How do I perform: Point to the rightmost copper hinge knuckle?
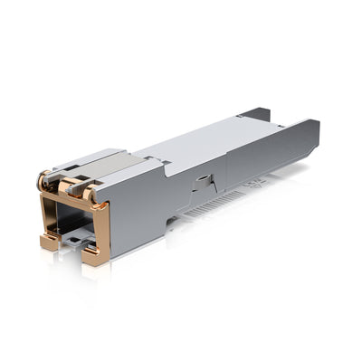click(87, 192)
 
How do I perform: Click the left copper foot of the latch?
click(47, 242)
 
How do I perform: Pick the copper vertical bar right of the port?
click(101, 231)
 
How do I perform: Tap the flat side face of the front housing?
click(136, 213)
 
